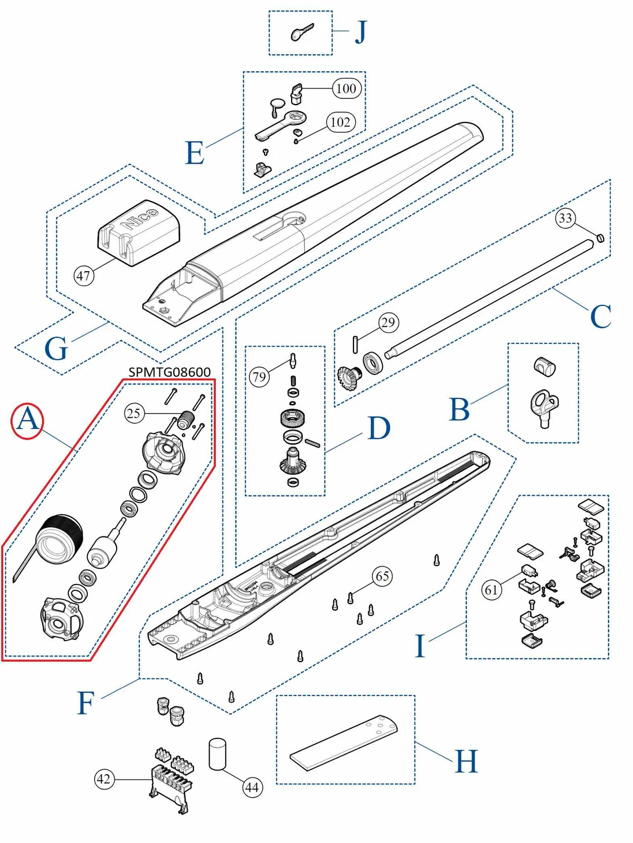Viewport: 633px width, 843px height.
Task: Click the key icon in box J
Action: [x=301, y=32]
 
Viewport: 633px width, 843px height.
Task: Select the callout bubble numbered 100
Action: [x=347, y=88]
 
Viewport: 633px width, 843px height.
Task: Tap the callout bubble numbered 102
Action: [x=340, y=122]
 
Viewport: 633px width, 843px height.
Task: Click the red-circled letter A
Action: [x=27, y=420]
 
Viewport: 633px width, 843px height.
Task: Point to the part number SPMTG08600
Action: [x=169, y=372]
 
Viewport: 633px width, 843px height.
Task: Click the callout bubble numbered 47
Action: [x=84, y=276]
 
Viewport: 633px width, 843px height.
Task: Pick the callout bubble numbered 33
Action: [x=565, y=218]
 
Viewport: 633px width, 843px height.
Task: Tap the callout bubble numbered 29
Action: [x=388, y=323]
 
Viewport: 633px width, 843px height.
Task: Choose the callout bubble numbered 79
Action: [x=259, y=378]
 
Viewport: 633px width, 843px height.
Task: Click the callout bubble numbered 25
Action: [x=134, y=413]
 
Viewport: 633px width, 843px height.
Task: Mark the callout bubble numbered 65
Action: [x=382, y=576]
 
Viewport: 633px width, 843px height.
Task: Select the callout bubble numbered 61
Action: [x=491, y=590]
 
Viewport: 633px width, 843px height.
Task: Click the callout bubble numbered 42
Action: [x=104, y=779]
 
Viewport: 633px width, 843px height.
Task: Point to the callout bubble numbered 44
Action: [x=252, y=787]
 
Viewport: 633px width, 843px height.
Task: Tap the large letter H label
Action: [x=466, y=761]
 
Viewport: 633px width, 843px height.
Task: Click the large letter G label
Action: [x=56, y=349]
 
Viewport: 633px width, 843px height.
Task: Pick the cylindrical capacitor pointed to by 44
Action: [x=217, y=753]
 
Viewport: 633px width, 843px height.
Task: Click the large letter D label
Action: [x=379, y=428]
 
